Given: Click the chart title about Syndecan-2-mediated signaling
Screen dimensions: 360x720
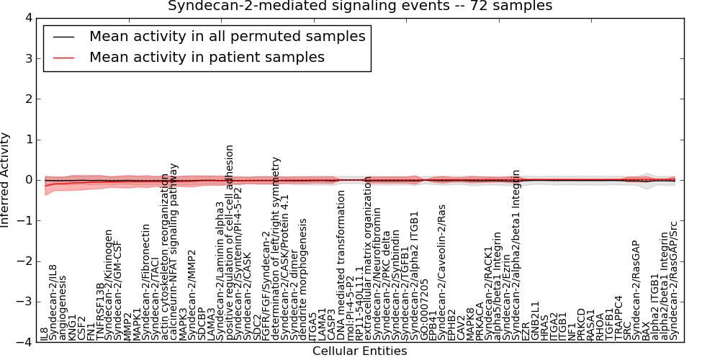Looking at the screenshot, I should click(360, 6).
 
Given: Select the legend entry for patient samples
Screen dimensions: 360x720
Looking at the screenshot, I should click(207, 58).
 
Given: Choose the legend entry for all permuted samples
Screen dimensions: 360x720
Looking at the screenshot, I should click(227, 36).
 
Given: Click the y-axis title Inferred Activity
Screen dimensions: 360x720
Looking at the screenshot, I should click(6, 180).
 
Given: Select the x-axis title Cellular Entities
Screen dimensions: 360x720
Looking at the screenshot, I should click(359, 351).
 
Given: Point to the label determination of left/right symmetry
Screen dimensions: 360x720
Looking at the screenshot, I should click(275, 248).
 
